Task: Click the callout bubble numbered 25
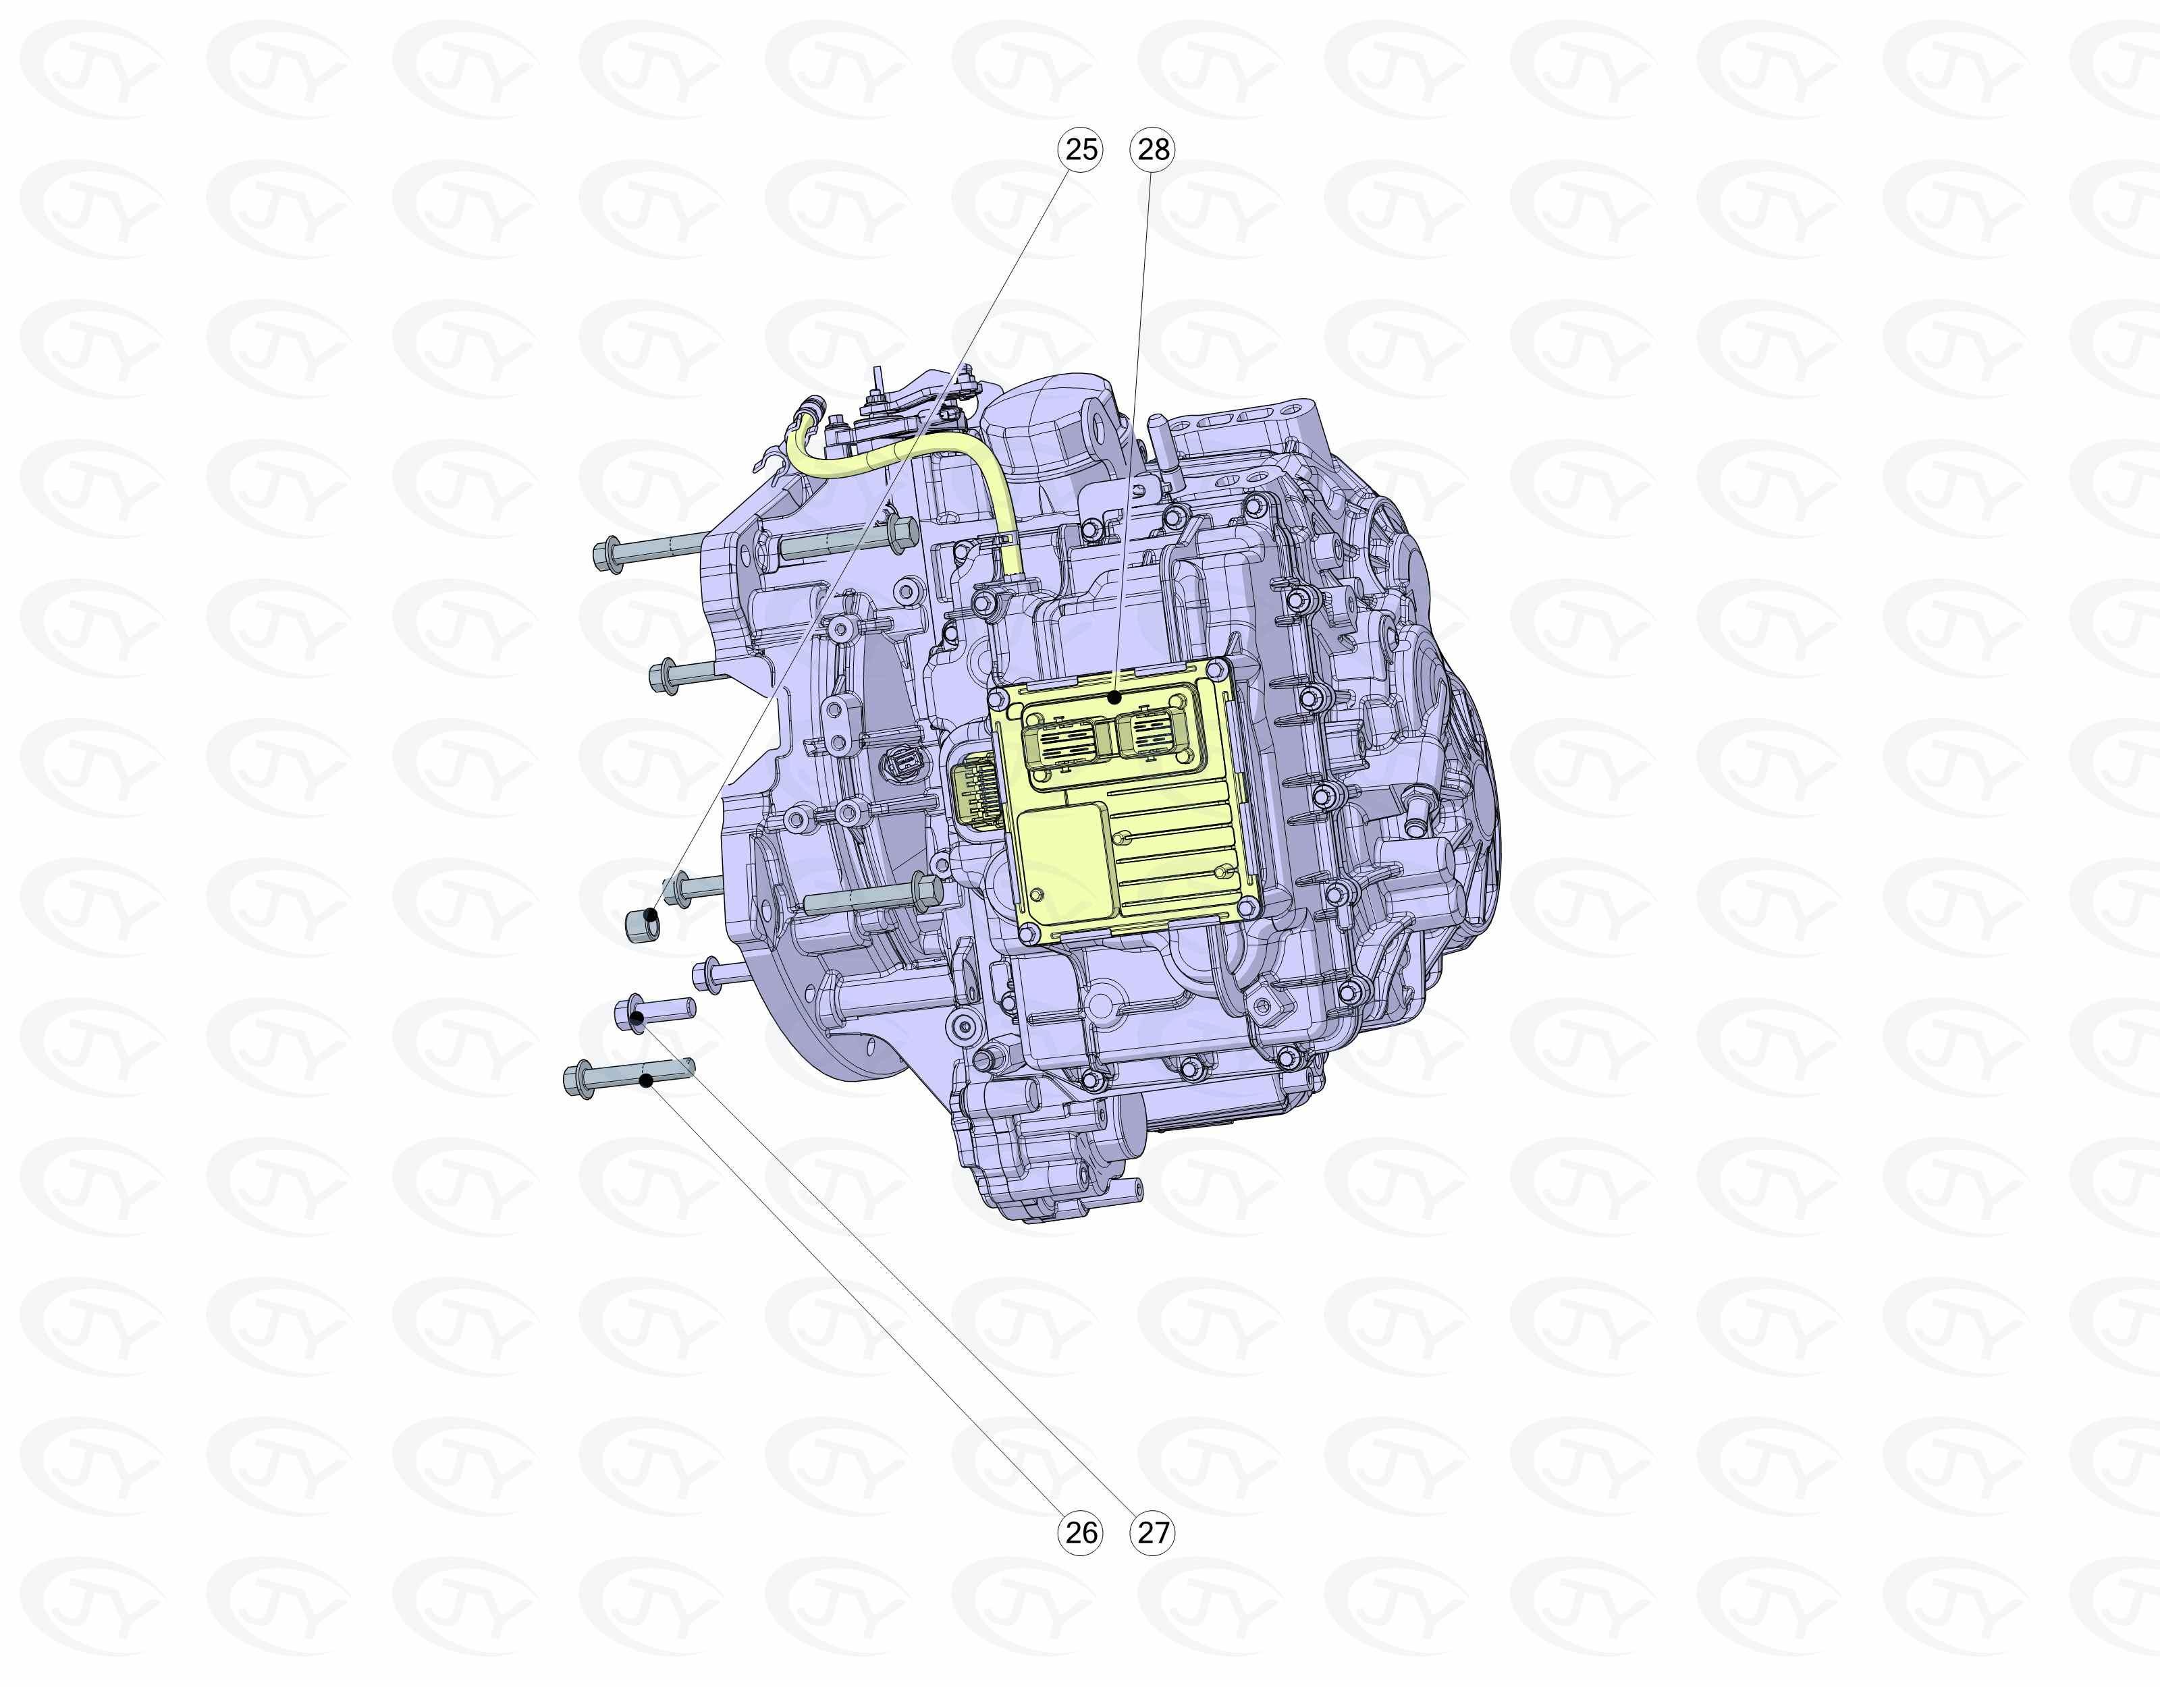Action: click(1081, 149)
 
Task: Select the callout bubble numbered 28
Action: click(1153, 149)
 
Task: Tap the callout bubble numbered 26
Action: click(1081, 1532)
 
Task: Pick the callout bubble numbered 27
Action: click(1153, 1532)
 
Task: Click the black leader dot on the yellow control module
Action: click(1114, 697)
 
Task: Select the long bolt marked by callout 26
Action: click(629, 1075)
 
